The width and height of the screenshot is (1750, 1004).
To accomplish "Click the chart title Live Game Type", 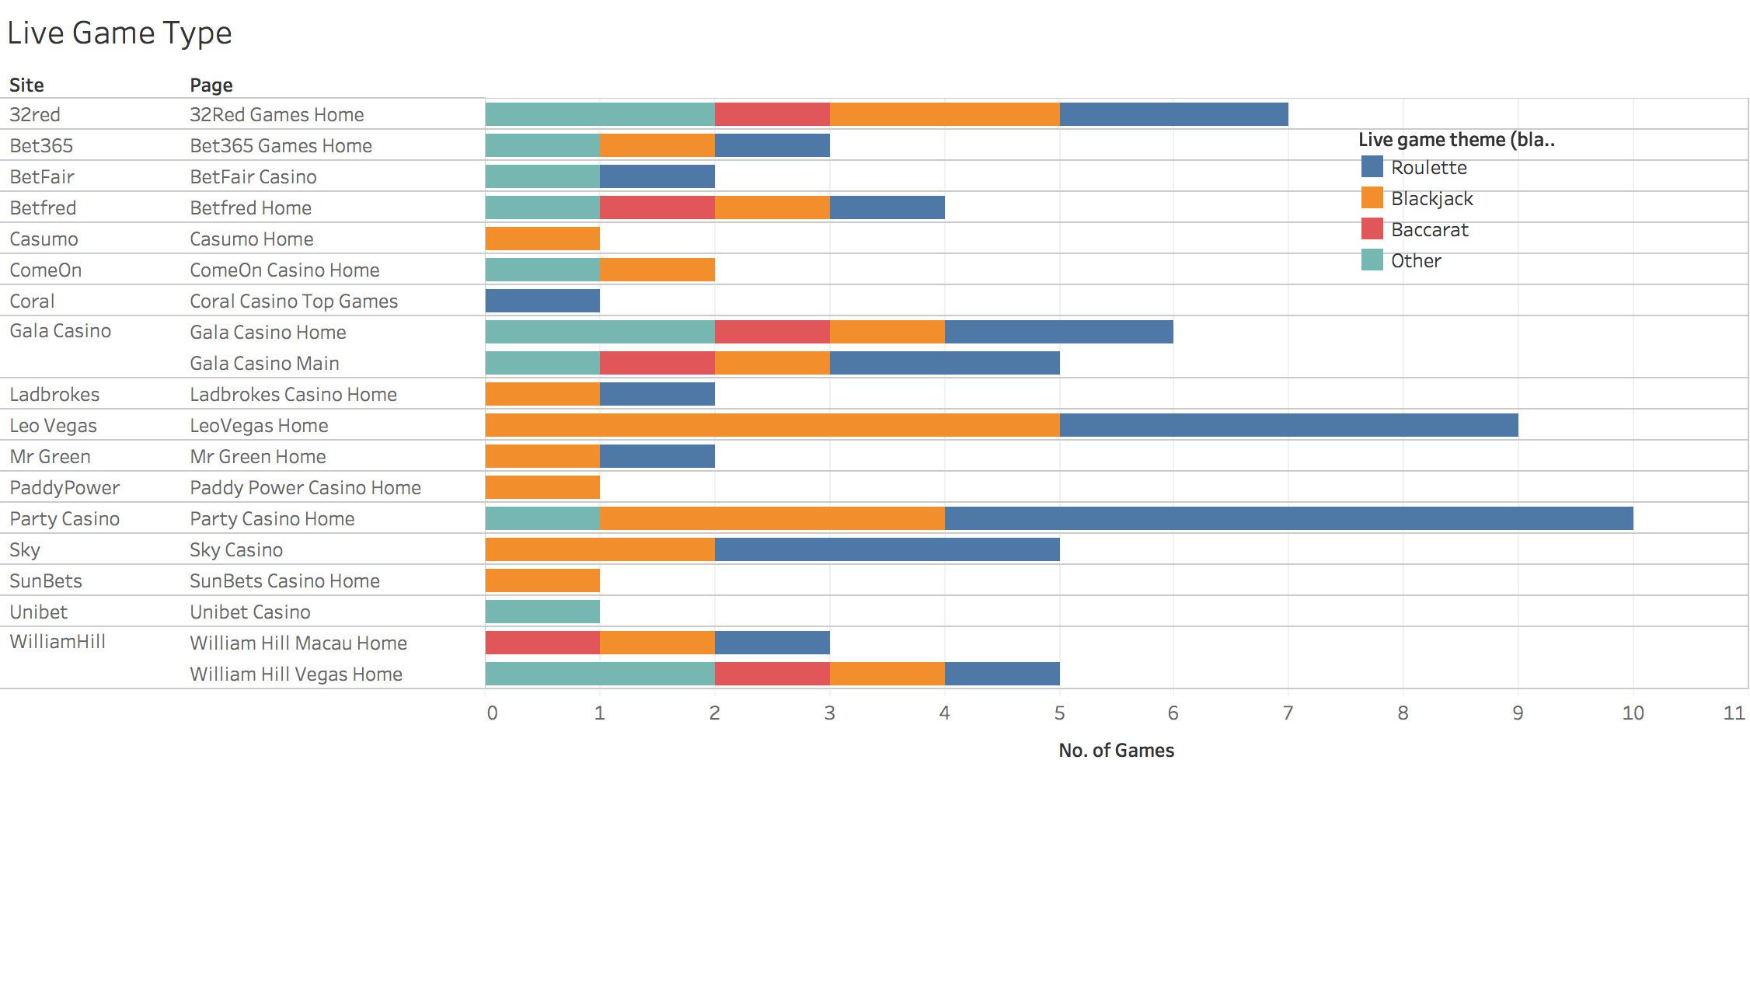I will pos(120,33).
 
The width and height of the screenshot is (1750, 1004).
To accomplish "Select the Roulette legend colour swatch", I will pos(1372,167).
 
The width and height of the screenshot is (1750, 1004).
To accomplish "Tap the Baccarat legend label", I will pos(1429,230).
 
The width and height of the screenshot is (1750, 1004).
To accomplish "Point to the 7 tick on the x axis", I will pos(1288,713).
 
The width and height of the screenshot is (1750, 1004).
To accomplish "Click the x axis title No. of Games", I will pos(1116,750).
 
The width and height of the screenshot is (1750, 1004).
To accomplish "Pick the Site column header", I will pos(26,85).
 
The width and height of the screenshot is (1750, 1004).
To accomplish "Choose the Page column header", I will pos(211,85).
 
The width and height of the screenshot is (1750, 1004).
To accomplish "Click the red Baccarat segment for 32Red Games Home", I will pos(772,114).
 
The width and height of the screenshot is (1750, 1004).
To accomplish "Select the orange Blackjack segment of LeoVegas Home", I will pos(772,425).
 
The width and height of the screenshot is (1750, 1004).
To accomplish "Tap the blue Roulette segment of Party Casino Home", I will pos(1288,518).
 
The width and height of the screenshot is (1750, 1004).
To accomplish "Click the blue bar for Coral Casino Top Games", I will pos(542,301).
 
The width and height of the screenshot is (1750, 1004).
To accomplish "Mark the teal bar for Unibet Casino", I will pos(542,612).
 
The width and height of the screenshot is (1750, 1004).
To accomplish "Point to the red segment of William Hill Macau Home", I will pos(542,643).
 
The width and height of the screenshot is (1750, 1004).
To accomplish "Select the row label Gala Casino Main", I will pos(264,363).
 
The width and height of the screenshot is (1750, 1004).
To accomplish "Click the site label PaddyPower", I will pos(64,487).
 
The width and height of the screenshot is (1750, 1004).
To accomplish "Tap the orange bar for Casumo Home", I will pos(542,239).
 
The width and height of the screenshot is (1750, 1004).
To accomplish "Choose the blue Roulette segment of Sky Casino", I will pos(887,549).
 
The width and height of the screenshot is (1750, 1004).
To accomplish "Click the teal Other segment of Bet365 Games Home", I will pos(542,145).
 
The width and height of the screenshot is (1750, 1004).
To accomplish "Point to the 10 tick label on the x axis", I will pos(1633,713).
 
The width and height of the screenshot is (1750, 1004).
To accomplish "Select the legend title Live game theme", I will pos(1456,140).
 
